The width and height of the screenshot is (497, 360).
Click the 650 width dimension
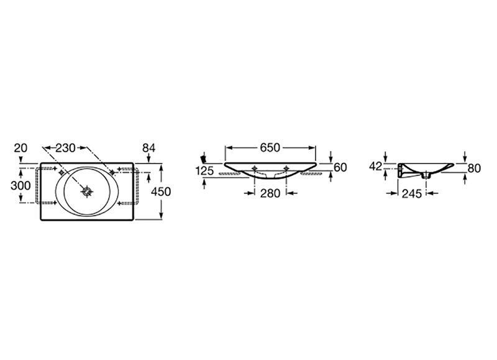[x=270, y=148]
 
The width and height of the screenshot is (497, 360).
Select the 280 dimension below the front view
[x=270, y=193]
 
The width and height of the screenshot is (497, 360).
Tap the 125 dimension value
[x=205, y=171]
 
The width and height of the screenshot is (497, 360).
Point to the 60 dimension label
[x=340, y=167]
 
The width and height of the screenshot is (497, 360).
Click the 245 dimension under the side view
[x=412, y=193]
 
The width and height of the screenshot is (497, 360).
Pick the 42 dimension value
[x=376, y=166]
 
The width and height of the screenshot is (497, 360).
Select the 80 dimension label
[x=474, y=168]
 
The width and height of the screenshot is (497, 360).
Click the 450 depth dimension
[x=161, y=192]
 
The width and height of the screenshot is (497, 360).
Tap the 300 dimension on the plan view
[x=21, y=185]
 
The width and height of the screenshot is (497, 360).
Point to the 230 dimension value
[x=65, y=148]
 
